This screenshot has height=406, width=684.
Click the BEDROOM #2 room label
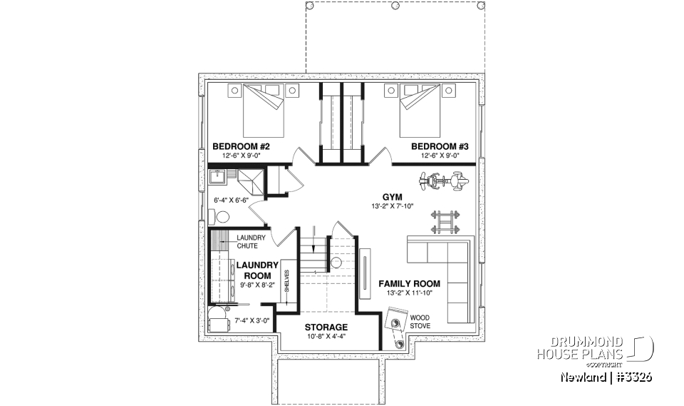[x=240, y=147]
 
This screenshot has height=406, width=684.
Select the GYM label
[x=393, y=196]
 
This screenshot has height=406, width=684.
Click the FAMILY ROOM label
[x=409, y=283]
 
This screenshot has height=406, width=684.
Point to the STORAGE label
[x=327, y=327]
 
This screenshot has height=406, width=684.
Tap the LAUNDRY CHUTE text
[x=252, y=242]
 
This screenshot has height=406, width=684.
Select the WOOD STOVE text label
[x=419, y=322]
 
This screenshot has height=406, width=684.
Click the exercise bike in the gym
[x=442, y=182]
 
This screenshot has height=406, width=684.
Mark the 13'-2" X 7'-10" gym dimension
[x=393, y=206]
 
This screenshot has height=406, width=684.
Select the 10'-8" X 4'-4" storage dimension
[x=327, y=336]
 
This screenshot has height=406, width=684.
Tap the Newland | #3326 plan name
[x=606, y=377]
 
